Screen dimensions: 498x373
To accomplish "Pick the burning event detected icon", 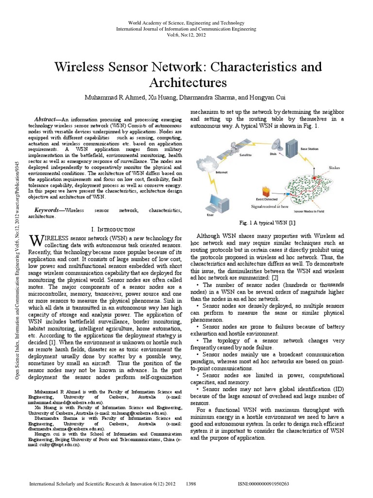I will click(266, 191).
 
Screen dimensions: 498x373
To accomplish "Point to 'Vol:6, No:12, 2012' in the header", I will click(186, 36).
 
